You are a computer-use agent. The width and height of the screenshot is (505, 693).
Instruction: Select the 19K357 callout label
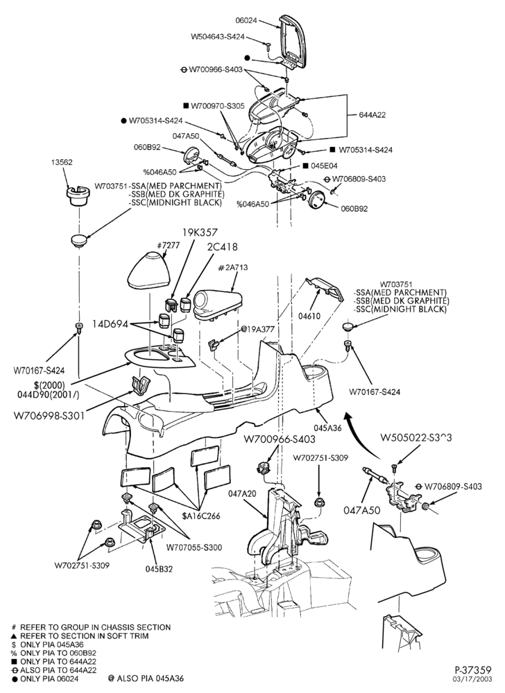click(x=200, y=232)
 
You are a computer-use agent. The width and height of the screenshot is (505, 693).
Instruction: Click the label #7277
click(x=169, y=245)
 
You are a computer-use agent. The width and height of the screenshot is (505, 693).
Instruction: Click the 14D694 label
click(x=110, y=324)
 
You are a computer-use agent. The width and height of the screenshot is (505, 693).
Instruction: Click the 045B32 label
click(x=159, y=569)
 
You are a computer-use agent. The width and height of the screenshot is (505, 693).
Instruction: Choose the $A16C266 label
click(x=201, y=516)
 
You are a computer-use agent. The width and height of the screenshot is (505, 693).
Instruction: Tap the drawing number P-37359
click(x=473, y=670)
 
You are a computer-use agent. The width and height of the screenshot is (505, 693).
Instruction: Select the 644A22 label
click(x=372, y=115)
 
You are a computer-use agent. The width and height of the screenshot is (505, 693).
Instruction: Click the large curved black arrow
click(x=361, y=436)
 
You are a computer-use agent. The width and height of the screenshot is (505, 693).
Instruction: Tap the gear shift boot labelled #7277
click(x=149, y=270)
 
